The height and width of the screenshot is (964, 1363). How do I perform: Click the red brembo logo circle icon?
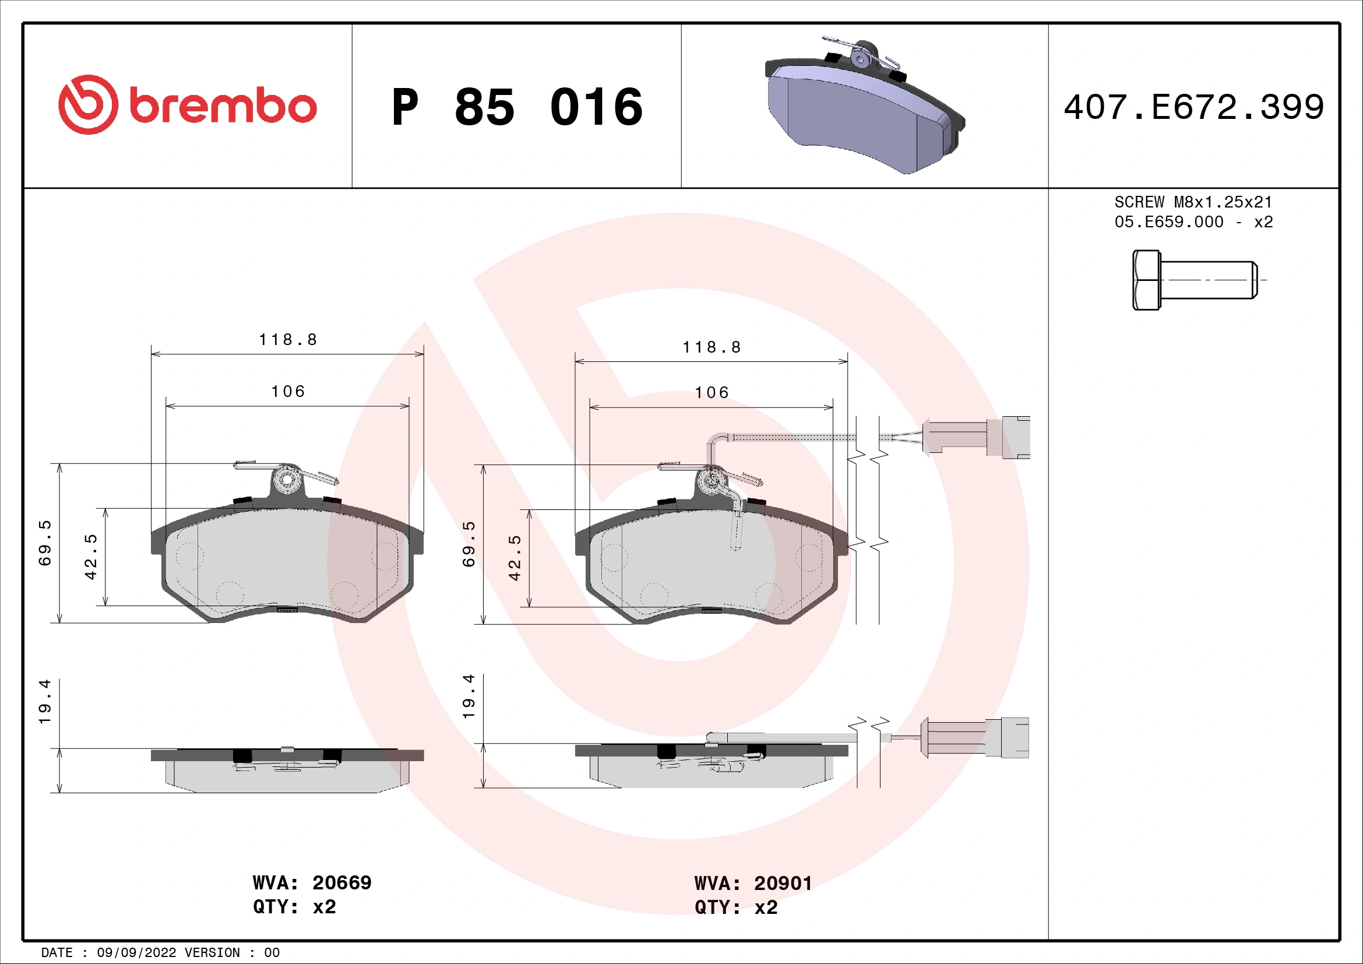point(88,104)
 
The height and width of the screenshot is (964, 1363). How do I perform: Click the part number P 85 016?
point(516,107)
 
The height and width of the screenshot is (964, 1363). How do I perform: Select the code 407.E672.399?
point(1193,107)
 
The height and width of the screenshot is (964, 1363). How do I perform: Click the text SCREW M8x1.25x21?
point(1193,202)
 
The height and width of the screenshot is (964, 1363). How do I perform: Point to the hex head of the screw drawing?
point(1146,280)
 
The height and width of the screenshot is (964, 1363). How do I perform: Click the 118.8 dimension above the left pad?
point(288,340)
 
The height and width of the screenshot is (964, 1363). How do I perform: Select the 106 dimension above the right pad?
point(711,392)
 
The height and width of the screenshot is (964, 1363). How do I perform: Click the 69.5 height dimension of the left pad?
point(45,543)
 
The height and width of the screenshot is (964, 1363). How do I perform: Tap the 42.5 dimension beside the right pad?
point(515,558)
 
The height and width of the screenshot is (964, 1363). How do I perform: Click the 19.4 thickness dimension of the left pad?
point(45,702)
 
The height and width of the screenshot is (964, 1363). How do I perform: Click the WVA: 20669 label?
point(312,882)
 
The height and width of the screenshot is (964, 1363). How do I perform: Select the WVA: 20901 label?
point(753,883)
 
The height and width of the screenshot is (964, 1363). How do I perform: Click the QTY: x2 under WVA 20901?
point(735,907)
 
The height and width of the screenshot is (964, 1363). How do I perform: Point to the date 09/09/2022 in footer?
point(136,953)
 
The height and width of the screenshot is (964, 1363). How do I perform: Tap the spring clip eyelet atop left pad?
point(287,480)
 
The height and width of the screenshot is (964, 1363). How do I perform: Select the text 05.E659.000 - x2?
point(1193,222)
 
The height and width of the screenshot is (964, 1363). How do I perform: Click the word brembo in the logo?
point(223,107)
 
